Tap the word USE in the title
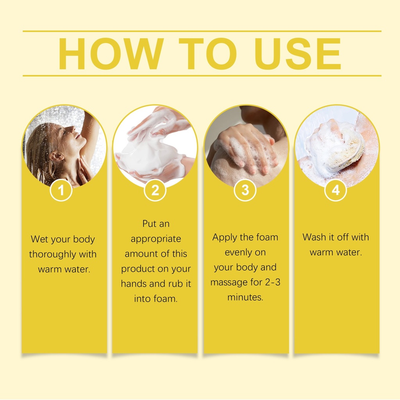tap(298, 54)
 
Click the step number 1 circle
tap(61, 190)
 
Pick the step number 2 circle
tap(155, 190)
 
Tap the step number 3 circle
tap(245, 190)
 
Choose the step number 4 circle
tap(336, 190)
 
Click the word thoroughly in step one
tap(52, 255)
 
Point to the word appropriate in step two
tap(156, 239)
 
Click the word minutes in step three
tap(245, 297)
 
